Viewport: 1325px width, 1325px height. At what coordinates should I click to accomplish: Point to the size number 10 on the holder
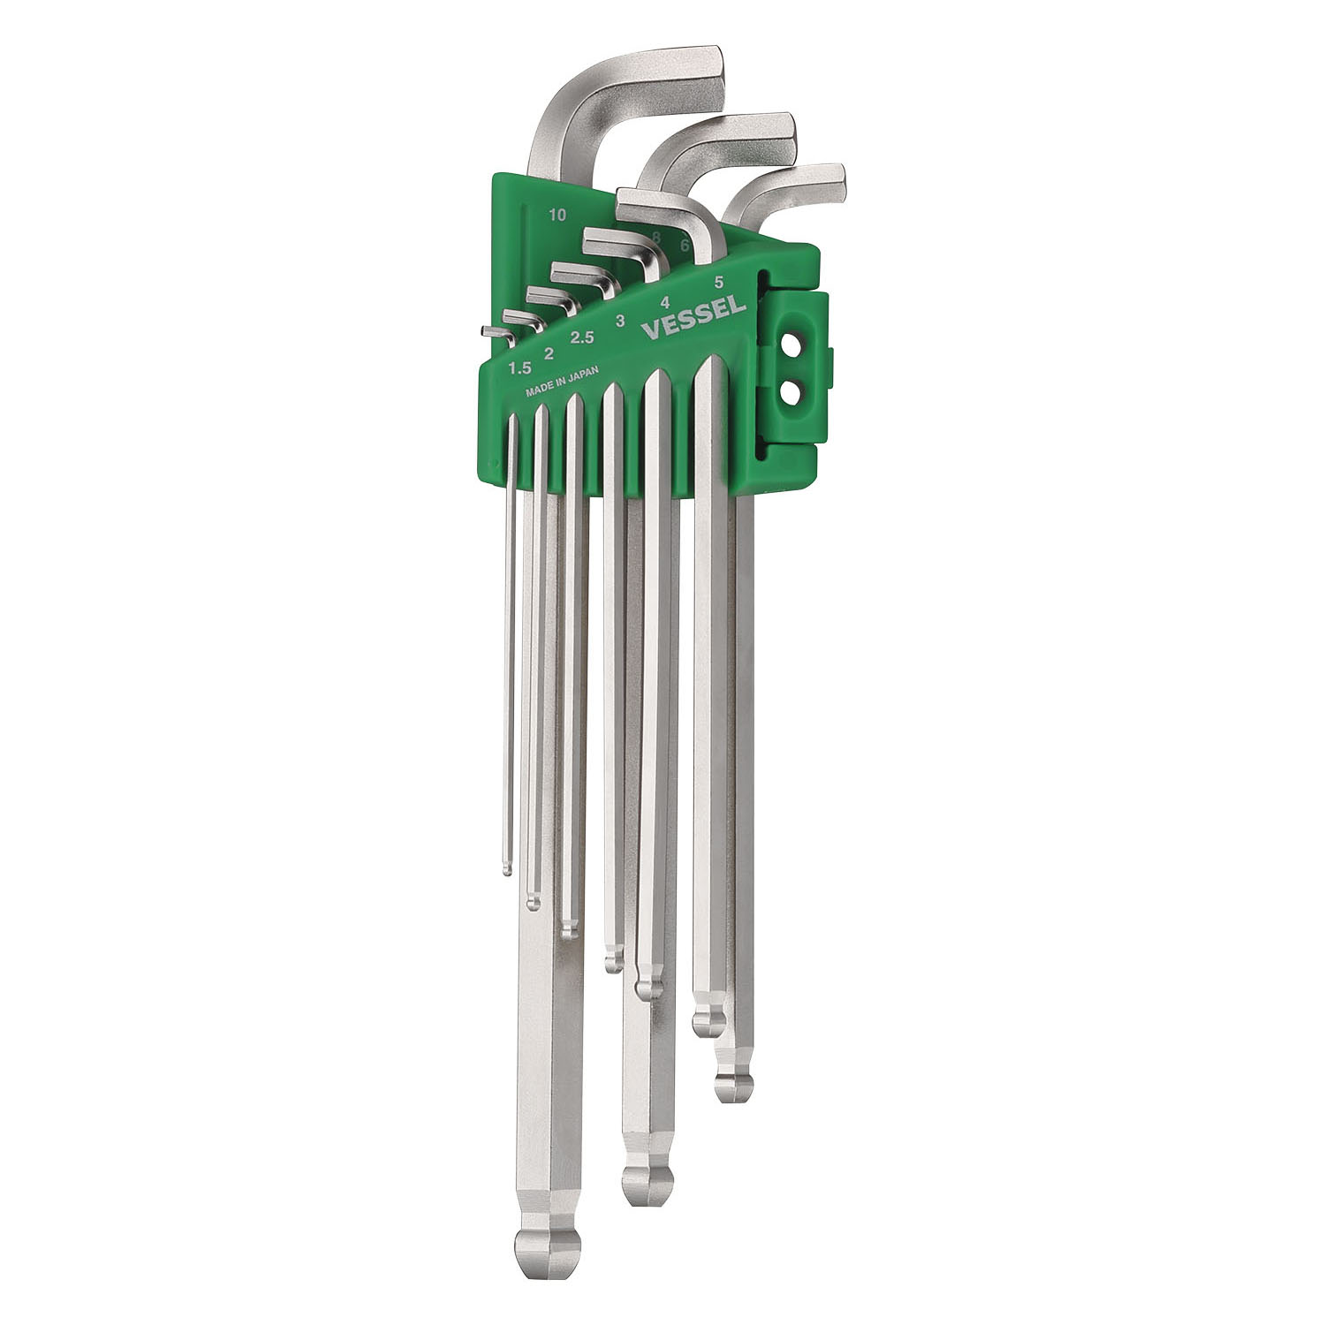point(556,214)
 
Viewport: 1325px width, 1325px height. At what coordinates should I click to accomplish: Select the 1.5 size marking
point(519,367)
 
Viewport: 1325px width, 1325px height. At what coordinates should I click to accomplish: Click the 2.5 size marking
point(583,337)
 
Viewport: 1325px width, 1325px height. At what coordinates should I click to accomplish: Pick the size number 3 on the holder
point(620,319)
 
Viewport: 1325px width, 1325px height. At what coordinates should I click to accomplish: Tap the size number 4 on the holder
point(665,301)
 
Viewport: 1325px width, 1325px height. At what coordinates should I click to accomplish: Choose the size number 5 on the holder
point(719,283)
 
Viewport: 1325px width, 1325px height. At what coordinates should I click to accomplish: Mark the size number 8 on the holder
point(656,237)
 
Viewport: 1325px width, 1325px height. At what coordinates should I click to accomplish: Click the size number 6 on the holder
point(685,246)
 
